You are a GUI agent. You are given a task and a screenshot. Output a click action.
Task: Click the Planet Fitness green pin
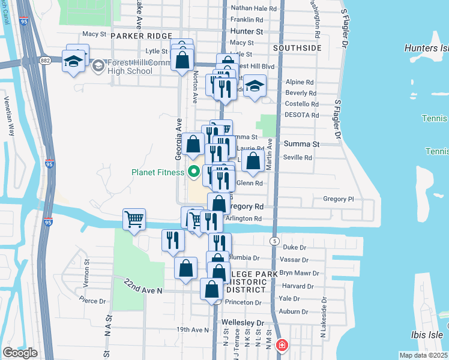[x=193, y=173]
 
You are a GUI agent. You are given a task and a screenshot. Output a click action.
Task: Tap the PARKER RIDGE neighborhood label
[x=142, y=37]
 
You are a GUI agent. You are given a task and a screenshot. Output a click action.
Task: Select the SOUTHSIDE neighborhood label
[x=297, y=47]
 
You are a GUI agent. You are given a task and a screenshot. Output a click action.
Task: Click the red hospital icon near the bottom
[x=281, y=346]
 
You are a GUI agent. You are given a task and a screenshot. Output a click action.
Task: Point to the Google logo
[x=20, y=352]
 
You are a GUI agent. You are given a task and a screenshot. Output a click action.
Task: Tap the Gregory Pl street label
[x=339, y=199]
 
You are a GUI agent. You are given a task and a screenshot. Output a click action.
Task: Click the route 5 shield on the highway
[x=274, y=240]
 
